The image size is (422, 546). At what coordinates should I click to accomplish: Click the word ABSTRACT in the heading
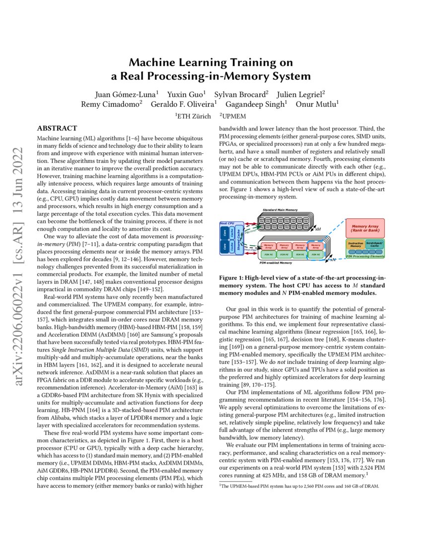coord(57,128)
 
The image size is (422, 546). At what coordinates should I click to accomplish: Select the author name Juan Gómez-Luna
coord(126,94)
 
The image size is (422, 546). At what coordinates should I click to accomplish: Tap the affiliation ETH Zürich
coord(193,115)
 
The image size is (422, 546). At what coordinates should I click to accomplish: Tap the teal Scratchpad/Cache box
coord(374,244)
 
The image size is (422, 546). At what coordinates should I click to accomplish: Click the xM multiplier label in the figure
coord(317,230)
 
